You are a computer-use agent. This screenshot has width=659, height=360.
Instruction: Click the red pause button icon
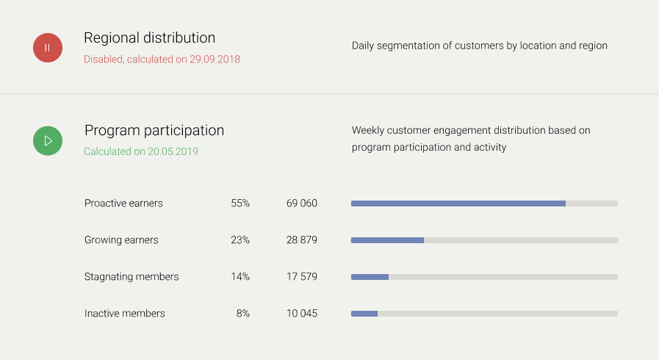[x=48, y=48]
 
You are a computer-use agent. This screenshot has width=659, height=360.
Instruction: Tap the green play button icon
[x=48, y=140]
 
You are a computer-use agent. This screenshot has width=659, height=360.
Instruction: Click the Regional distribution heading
[x=149, y=37]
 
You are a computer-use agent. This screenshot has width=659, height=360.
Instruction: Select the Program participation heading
[x=154, y=130]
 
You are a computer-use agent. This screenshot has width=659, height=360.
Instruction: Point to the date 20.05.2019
[x=173, y=151]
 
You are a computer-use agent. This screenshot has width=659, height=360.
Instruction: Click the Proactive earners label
[x=123, y=203]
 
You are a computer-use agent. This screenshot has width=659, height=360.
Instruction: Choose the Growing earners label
[x=121, y=240]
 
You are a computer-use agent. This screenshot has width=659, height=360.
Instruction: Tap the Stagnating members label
[x=132, y=277]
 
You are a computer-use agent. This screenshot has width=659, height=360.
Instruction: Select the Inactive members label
[x=125, y=314]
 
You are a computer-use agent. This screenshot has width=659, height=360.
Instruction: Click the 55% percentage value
[x=240, y=203]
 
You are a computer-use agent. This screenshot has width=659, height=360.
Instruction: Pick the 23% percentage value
[x=240, y=240]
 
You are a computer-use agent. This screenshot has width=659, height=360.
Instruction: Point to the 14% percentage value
[x=240, y=277]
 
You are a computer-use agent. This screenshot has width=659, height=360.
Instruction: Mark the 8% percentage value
[x=243, y=314]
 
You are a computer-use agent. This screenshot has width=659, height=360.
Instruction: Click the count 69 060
[x=302, y=203]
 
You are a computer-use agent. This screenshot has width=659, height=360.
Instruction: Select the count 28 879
[x=302, y=240]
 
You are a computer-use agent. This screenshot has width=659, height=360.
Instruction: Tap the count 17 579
[x=302, y=277]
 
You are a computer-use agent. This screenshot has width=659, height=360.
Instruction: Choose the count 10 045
[x=302, y=314]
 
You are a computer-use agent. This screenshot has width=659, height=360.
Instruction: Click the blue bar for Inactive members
[x=364, y=314]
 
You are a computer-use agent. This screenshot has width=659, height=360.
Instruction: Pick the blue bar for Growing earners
[x=387, y=240]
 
